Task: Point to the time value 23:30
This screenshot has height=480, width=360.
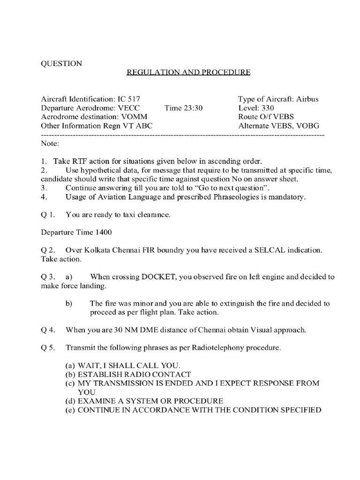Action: coord(193,108)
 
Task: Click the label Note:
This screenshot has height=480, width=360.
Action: coord(50,142)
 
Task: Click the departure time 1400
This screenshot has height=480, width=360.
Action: coord(105,232)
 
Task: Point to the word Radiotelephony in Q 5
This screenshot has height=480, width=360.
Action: coord(217,348)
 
